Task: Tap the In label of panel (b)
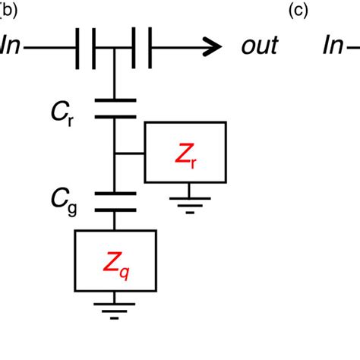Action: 11,46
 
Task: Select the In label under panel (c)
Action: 334,46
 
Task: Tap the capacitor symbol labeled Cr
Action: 115,108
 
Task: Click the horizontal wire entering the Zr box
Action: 129,153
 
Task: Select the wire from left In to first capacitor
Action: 49,46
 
